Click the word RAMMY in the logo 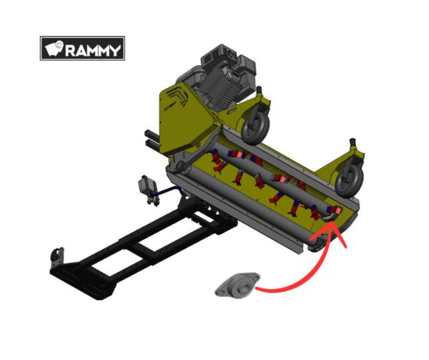(93, 50)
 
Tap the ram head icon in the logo (54, 49)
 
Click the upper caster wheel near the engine (255, 127)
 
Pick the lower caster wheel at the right (349, 180)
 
